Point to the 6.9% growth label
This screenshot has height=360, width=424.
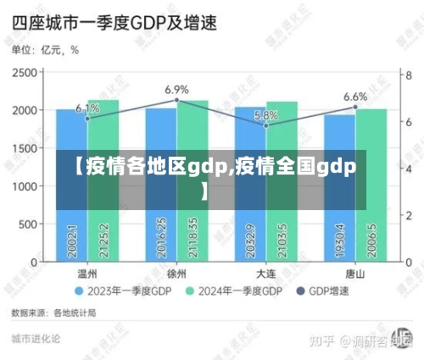(x=176, y=89)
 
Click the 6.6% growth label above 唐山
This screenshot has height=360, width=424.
(x=355, y=97)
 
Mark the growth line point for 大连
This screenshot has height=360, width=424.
(x=265, y=125)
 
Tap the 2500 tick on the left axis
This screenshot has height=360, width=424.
(x=25, y=73)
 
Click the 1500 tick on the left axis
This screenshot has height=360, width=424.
(x=25, y=148)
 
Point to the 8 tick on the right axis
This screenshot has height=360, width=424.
(x=407, y=73)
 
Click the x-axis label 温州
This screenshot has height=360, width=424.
(x=87, y=274)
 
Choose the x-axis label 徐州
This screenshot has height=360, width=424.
(x=176, y=274)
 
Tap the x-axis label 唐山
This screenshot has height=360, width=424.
(x=354, y=274)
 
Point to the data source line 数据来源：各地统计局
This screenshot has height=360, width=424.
(x=53, y=313)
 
